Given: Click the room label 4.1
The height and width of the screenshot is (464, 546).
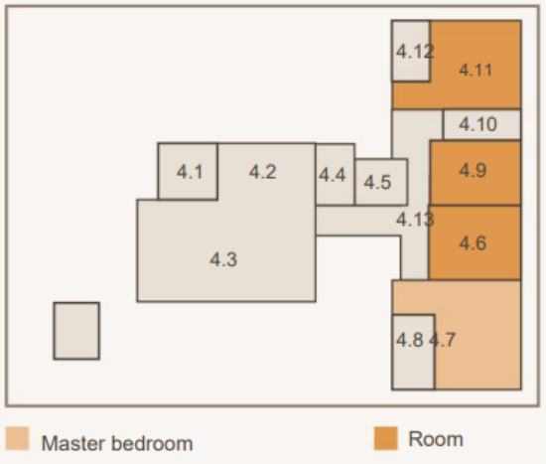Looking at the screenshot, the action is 190,172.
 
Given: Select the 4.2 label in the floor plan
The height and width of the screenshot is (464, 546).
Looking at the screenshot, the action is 262,172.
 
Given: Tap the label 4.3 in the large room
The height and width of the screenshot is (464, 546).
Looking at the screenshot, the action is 223,259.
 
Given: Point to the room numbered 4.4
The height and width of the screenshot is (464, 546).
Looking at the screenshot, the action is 335,174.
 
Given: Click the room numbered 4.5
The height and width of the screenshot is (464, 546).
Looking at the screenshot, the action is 381,182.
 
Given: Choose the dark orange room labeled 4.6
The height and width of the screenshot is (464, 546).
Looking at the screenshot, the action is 475,242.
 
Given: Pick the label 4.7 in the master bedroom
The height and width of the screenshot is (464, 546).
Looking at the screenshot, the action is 442,340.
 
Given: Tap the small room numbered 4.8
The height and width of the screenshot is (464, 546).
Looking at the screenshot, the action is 413,352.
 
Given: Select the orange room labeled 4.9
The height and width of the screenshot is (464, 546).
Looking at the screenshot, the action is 476,172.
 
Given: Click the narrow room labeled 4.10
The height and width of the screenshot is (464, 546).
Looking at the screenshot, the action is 482,124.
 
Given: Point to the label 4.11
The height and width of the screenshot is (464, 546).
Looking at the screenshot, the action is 476,71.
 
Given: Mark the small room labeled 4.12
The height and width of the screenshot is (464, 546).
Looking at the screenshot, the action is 411,51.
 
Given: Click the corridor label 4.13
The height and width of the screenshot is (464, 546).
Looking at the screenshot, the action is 415,220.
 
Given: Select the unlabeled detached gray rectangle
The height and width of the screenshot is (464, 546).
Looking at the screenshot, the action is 76,331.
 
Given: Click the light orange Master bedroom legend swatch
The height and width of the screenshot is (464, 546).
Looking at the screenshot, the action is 17,438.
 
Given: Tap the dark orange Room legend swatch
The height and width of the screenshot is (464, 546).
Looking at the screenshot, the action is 386,438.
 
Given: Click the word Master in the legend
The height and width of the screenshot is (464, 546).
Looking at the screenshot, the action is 73,443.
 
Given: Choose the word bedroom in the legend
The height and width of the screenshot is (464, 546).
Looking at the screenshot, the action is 152,443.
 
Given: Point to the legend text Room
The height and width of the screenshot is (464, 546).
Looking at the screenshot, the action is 436,439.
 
